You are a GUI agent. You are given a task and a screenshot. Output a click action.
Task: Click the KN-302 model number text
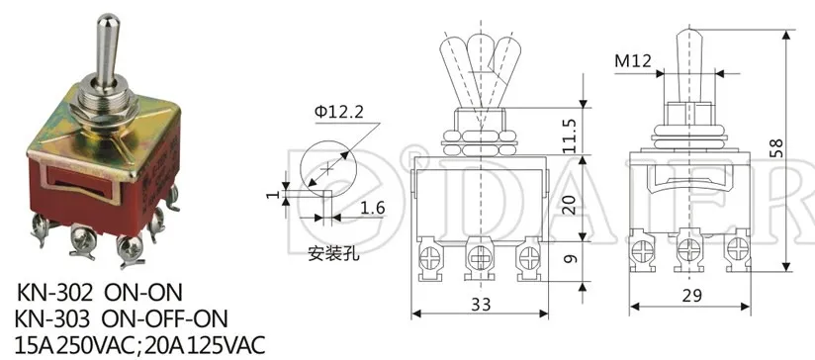tap(54, 294)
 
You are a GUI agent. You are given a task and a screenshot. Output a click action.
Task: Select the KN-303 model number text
tap(54, 317)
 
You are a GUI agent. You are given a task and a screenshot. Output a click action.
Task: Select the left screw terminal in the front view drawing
tap(430, 259)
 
